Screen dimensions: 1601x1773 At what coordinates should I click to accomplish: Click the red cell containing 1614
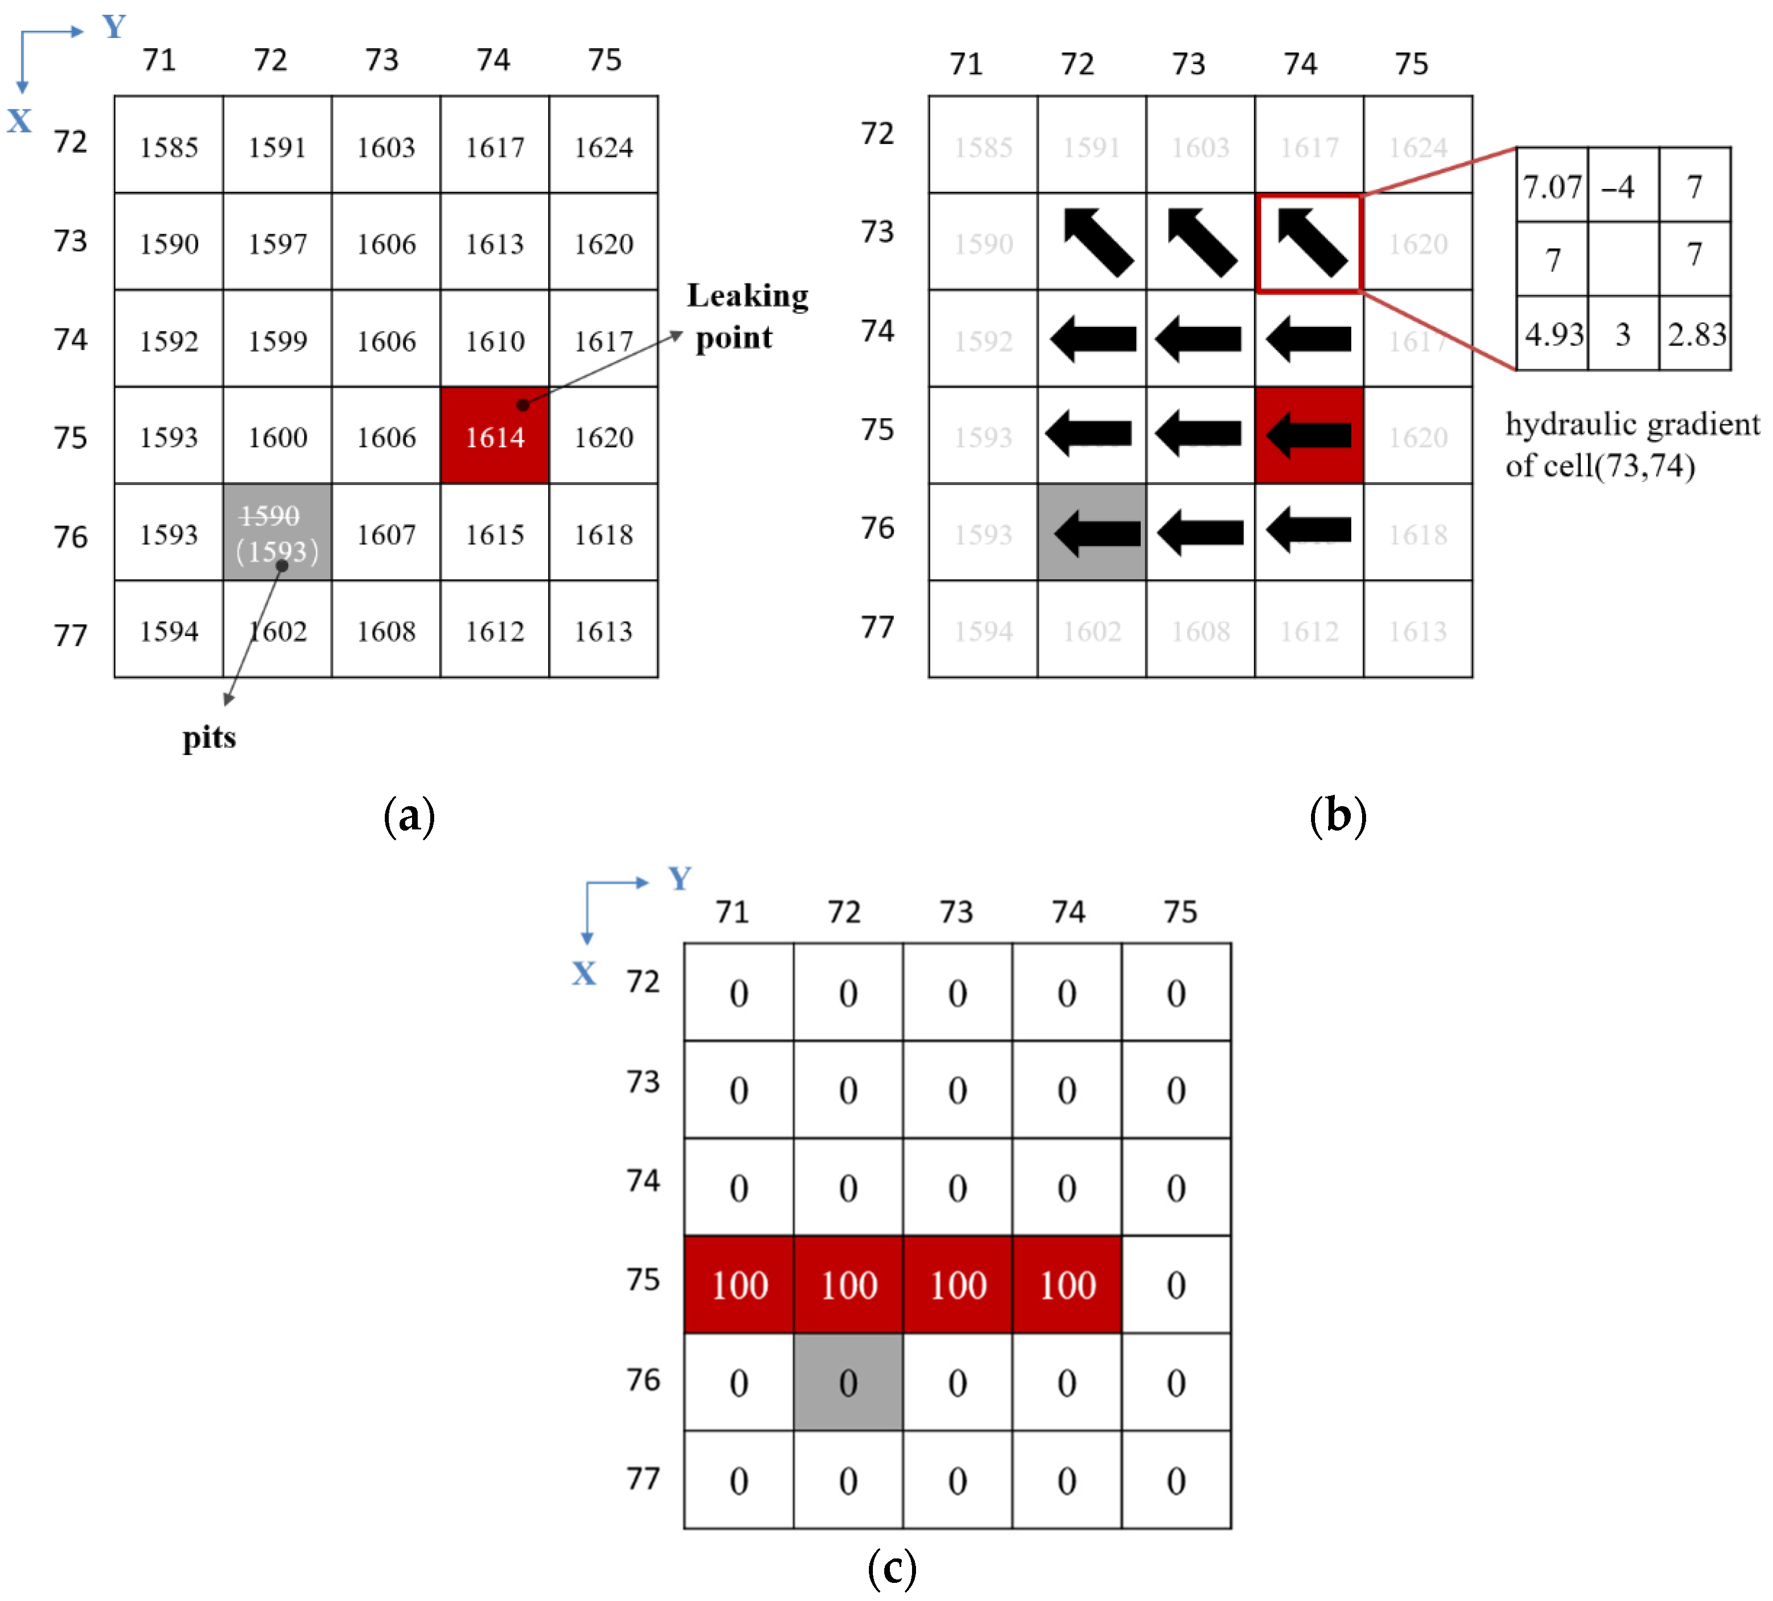[494, 435]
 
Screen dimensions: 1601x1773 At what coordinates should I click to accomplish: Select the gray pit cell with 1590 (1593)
[277, 532]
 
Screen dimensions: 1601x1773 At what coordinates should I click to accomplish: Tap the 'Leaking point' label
[747, 317]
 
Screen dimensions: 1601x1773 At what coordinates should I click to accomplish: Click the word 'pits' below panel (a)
[209, 737]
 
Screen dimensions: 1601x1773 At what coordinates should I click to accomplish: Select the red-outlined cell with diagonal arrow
[1309, 243]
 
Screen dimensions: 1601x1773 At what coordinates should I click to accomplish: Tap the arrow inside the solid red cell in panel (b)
[1309, 435]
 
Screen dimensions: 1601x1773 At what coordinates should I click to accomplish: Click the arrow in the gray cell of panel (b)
[1096, 533]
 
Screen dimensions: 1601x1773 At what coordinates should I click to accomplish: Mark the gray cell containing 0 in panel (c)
[848, 1382]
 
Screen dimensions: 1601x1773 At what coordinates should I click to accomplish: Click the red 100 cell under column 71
[739, 1284]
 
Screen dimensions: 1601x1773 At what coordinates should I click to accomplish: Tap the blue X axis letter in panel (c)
[584, 972]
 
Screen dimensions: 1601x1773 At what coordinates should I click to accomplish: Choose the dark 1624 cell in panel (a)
[603, 146]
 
